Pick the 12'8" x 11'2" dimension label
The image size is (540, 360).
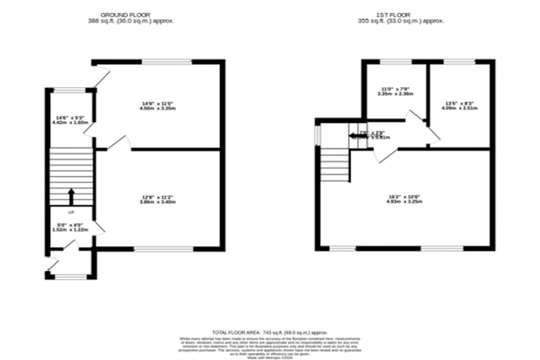[x=158, y=200]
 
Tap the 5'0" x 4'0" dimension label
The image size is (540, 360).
[x=71, y=227]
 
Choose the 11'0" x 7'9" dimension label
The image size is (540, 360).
[x=395, y=91]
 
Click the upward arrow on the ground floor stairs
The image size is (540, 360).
[x=71, y=196]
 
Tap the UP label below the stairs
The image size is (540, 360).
[x=71, y=212]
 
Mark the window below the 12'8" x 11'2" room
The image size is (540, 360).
[x=164, y=249]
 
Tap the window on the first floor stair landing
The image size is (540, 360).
[x=317, y=135]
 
